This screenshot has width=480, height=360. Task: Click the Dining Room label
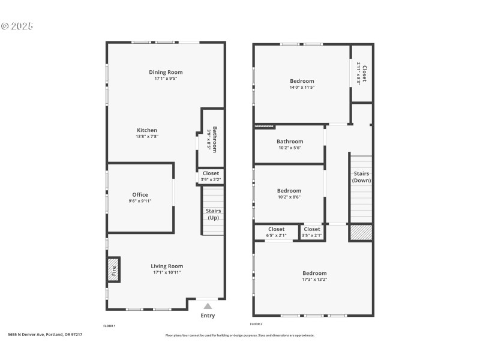coord(166,72)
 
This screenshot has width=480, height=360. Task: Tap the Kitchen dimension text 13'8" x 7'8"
coord(147,137)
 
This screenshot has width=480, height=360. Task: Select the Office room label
coord(140,194)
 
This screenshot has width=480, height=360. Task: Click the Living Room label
coord(167,266)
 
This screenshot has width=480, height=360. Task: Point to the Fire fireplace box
coord(113,270)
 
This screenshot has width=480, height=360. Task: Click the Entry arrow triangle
coord(208,306)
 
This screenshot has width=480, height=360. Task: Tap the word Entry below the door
coord(208,316)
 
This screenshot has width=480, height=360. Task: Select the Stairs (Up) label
coord(213,214)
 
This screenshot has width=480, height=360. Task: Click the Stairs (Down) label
coord(361,177)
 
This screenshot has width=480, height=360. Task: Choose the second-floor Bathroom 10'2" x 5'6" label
coord(290,145)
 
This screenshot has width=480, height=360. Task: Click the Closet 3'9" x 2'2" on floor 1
coord(211,176)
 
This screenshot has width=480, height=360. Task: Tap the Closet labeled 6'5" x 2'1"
coord(276,232)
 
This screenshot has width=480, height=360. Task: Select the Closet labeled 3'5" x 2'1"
coord(312,232)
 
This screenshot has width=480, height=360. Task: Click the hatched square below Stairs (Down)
coord(361,233)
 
